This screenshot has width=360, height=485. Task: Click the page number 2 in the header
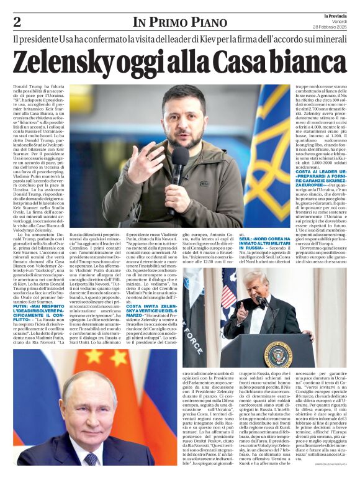pos(17,22)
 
